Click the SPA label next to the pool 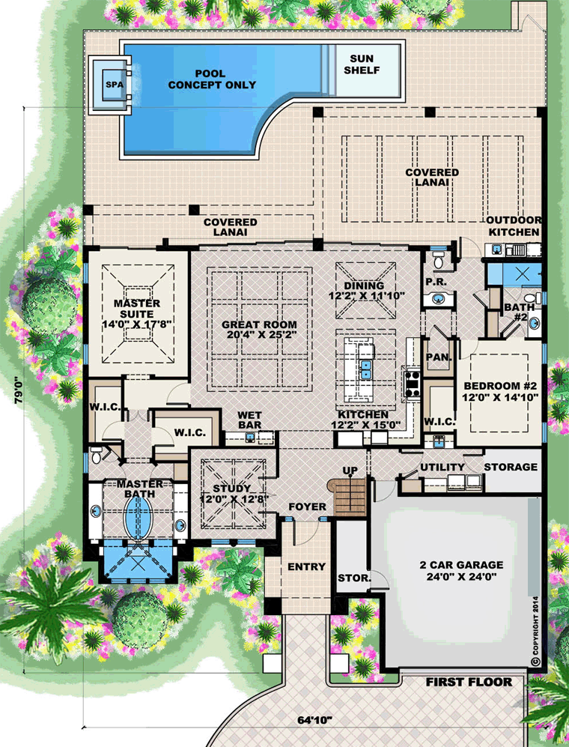[x=115, y=85]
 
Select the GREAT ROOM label [x=260, y=330]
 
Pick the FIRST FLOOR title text [x=469, y=683]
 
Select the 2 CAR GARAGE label [x=461, y=571]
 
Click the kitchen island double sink [x=365, y=369]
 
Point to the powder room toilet [x=438, y=260]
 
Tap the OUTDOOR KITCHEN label [x=514, y=226]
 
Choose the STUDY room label [x=232, y=494]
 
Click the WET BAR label [x=249, y=420]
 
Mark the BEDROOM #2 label [x=501, y=390]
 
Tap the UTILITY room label [x=442, y=468]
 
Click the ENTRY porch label [x=307, y=566]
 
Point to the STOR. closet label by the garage [x=354, y=578]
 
